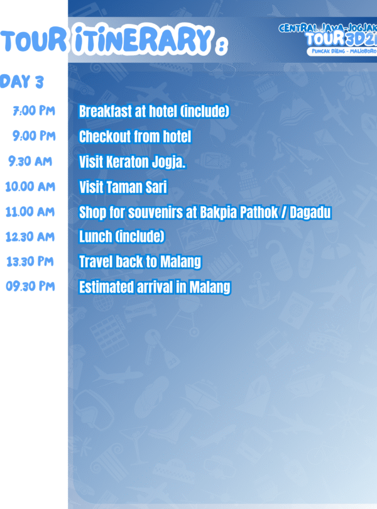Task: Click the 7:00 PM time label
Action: click(34, 111)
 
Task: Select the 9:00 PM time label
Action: click(34, 136)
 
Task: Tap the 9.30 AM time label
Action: click(30, 161)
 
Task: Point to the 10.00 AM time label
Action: click(30, 187)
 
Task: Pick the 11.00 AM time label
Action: click(30, 212)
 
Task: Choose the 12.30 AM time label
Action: click(30, 237)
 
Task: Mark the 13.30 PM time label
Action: click(30, 261)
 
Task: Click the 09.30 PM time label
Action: click(30, 286)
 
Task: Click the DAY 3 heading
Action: click(21, 82)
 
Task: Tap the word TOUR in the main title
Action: click(33, 41)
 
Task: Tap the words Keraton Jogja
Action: click(146, 162)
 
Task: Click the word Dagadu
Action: click(310, 212)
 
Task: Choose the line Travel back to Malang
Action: click(140, 261)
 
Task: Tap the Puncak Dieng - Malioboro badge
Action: click(342, 52)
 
